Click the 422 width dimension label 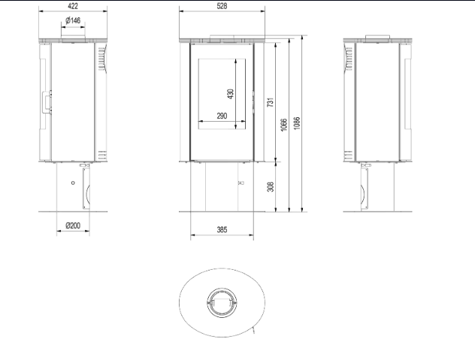pyautogui.click(x=73, y=6)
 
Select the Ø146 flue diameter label pyautogui.click(x=73, y=20)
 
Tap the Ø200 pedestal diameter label pyautogui.click(x=73, y=225)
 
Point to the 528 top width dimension pyautogui.click(x=222, y=6)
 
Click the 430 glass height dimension pyautogui.click(x=231, y=94)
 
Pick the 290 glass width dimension pyautogui.click(x=222, y=116)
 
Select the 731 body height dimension pyautogui.click(x=271, y=101)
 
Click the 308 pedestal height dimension pyautogui.click(x=271, y=186)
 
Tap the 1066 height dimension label pyautogui.click(x=283, y=125)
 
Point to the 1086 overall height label pyautogui.click(x=297, y=123)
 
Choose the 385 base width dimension pyautogui.click(x=222, y=230)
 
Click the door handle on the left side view pyautogui.click(x=47, y=101)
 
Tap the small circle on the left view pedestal pyautogui.click(x=73, y=183)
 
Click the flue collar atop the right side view pyautogui.click(x=377, y=38)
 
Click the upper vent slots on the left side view pyautogui.click(x=101, y=59)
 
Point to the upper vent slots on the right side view pyautogui.click(x=349, y=59)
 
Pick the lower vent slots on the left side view pyautogui.click(x=101, y=155)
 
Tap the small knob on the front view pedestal pyautogui.click(x=241, y=183)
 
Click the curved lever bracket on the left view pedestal pyautogui.click(x=86, y=189)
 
